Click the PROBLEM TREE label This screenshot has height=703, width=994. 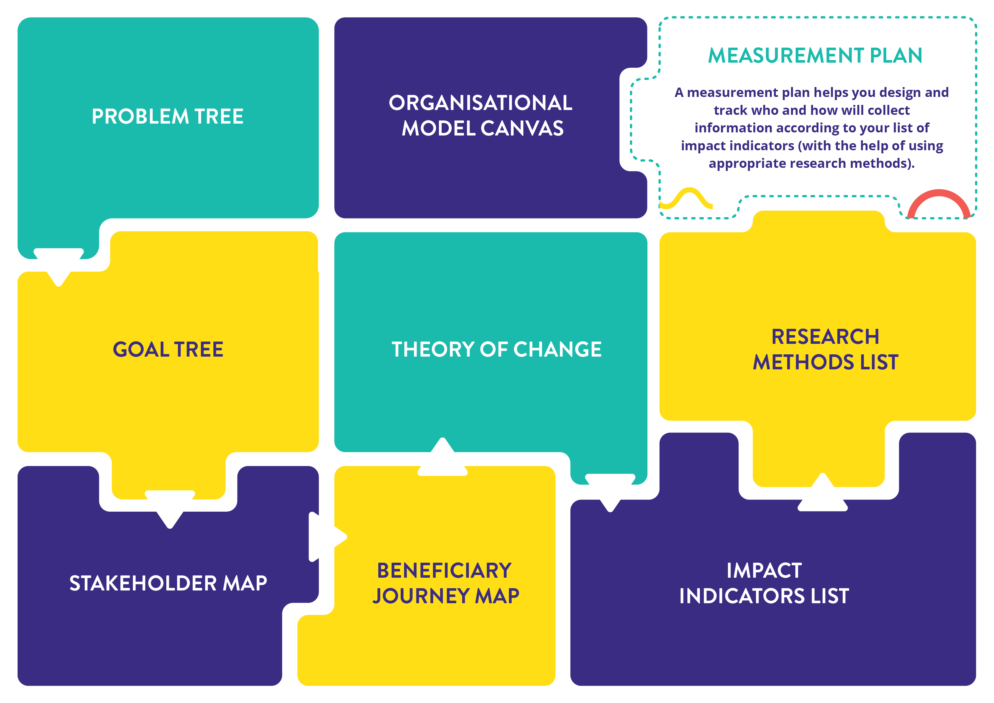click(167, 117)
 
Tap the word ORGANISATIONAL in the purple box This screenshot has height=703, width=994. click(481, 103)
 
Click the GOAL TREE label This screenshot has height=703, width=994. click(168, 350)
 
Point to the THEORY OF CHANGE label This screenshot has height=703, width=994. click(496, 350)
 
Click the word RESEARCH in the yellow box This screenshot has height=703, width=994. click(825, 337)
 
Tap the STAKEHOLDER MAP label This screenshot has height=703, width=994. click(168, 583)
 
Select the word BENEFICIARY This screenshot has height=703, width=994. click(444, 570)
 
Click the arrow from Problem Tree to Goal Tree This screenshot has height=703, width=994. click(59, 266)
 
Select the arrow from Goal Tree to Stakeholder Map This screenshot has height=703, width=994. click(170, 509)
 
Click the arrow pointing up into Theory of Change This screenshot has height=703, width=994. click(442, 458)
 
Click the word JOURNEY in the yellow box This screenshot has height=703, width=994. click(421, 596)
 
